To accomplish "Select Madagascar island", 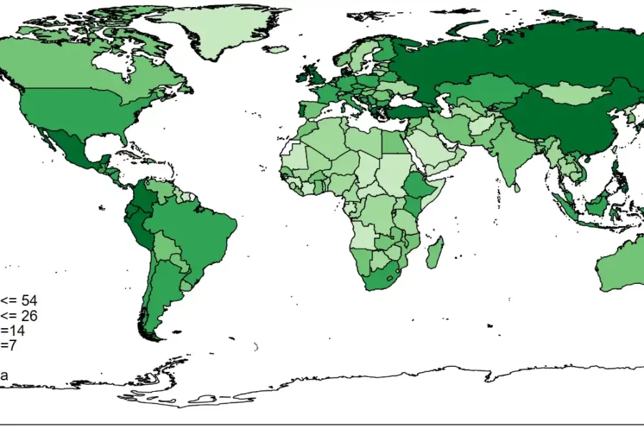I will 434,254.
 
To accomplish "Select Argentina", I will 161,286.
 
